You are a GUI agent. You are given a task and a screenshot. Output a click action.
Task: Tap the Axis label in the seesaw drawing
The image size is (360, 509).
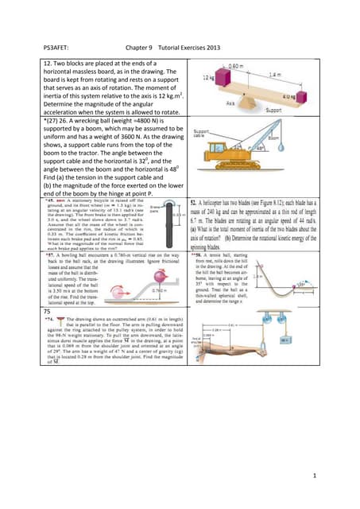[x=230, y=103]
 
